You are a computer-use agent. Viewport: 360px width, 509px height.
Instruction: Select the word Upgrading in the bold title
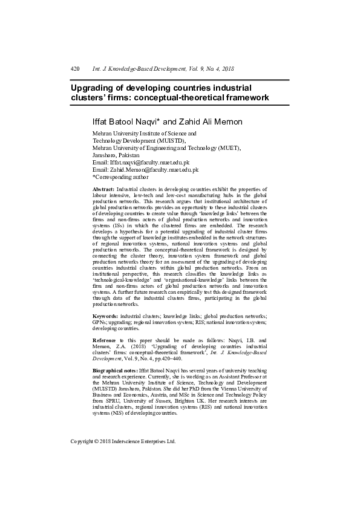[x=96, y=87]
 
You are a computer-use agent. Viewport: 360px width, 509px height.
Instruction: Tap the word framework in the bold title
[x=241, y=97]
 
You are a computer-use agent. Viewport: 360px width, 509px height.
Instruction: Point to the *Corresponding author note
[x=120, y=177]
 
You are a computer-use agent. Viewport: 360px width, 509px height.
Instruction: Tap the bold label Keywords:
[x=105, y=316]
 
